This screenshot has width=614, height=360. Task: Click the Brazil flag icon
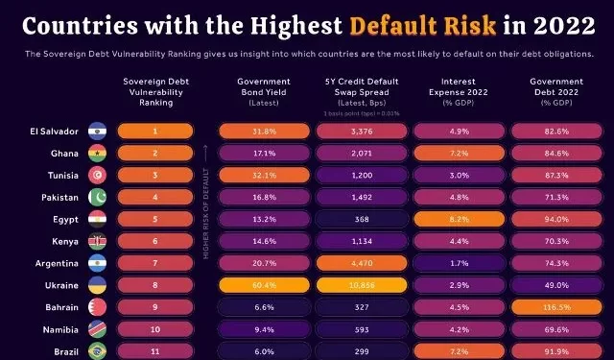coord(97,352)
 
